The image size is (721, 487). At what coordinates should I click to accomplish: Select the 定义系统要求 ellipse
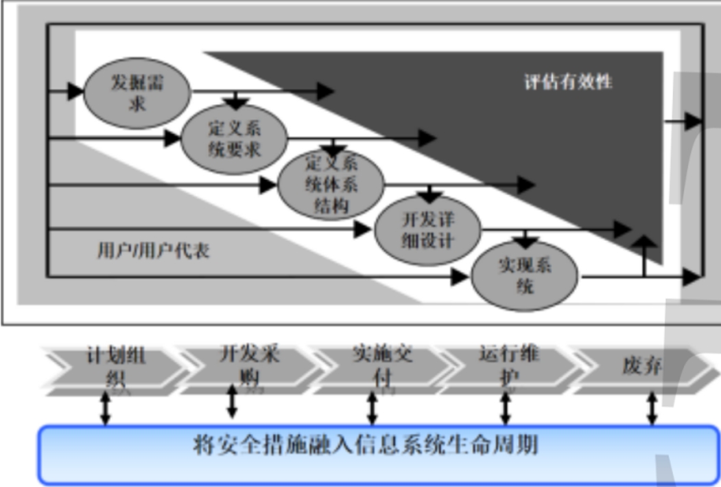pos(234,139)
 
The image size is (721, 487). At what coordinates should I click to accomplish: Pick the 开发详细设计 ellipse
pos(427,231)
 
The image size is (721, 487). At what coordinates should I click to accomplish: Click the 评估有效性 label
pos(568,82)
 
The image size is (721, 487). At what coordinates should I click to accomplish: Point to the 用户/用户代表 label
pos(153,251)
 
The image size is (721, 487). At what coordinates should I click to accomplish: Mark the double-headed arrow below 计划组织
pos(105,409)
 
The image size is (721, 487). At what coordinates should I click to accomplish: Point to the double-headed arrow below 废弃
pos(652,409)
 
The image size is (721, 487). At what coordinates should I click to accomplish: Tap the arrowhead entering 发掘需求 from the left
pos(75,90)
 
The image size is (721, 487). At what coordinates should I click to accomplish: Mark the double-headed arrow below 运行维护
pos(506,409)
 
